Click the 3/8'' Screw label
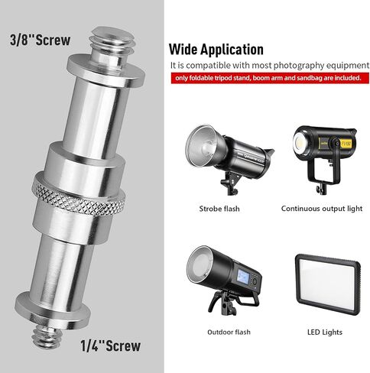(40, 41)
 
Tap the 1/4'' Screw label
(111, 345)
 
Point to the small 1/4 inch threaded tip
(47, 338)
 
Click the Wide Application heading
(216, 49)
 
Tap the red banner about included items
(270, 78)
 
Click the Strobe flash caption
(219, 209)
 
